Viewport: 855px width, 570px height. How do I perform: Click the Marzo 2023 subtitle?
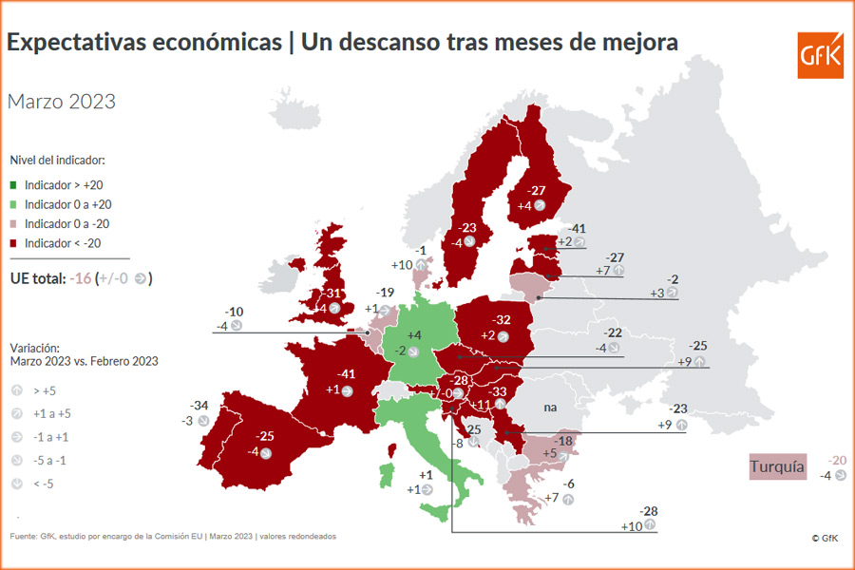(62, 102)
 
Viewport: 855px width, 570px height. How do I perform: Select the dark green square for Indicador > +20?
(14, 185)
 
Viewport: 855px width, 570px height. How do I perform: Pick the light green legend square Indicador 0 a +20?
(14, 204)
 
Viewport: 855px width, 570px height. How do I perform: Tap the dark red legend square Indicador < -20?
(14, 243)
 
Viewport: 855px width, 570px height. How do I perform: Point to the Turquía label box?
(777, 466)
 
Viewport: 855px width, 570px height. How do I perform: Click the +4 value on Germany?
(414, 335)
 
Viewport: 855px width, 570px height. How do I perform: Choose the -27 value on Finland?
(536, 190)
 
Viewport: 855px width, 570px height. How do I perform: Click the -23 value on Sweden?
(467, 228)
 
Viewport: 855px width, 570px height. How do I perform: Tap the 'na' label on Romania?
(549, 407)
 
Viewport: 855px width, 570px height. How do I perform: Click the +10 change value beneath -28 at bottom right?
(632, 525)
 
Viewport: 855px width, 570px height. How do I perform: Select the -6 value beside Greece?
(569, 484)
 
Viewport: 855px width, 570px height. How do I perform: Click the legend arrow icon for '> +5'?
(16, 389)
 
